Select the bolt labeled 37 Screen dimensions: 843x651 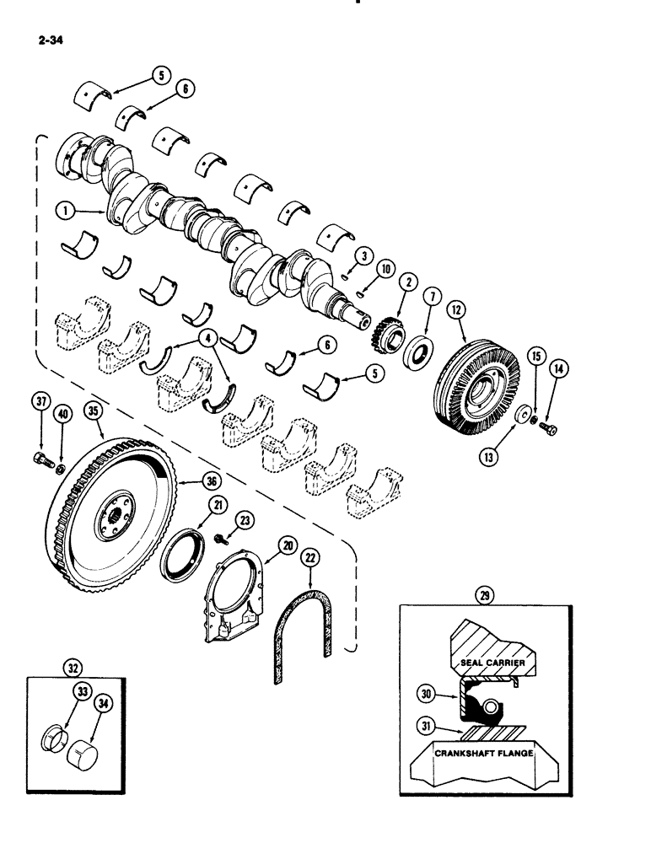point(40,460)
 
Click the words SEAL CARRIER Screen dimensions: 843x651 point(493,663)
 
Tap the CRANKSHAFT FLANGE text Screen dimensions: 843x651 point(482,753)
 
